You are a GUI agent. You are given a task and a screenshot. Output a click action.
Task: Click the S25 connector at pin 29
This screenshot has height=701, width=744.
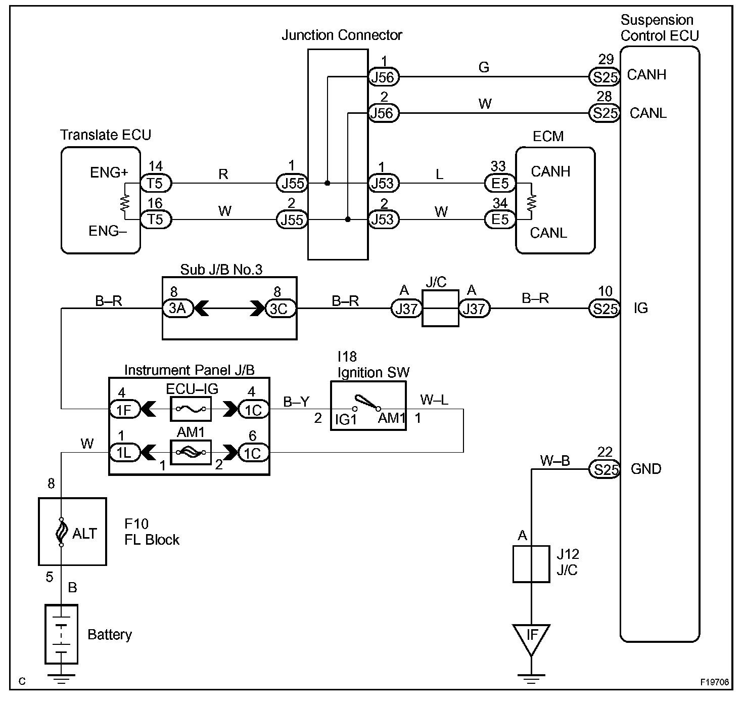pyautogui.click(x=604, y=77)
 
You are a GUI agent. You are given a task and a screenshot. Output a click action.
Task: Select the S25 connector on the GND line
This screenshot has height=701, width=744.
pyautogui.click(x=604, y=469)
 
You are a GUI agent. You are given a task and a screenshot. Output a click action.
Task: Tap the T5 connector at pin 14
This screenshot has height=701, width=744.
pyautogui.click(x=156, y=183)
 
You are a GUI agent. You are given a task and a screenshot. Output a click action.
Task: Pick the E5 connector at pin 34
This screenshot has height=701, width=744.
pyautogui.click(x=500, y=220)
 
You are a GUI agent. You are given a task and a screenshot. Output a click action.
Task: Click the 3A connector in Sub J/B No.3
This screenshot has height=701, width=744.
pyautogui.click(x=177, y=309)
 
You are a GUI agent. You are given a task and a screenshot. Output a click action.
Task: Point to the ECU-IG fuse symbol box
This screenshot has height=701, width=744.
pyautogui.click(x=191, y=409)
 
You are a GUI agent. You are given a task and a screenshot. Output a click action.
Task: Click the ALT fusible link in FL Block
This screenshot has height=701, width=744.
pyautogui.click(x=61, y=532)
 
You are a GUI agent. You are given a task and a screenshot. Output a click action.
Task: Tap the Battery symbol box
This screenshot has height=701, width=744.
pyautogui.click(x=61, y=634)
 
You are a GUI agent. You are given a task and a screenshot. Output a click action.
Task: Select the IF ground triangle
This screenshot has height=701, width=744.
pyautogui.click(x=531, y=637)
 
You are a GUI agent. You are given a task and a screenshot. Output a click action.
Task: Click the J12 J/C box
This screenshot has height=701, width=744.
pyautogui.click(x=531, y=564)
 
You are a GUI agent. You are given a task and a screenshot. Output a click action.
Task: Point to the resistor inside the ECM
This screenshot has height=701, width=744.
pyautogui.click(x=531, y=202)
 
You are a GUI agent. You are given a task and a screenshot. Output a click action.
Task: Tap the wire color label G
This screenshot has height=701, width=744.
pyautogui.click(x=484, y=67)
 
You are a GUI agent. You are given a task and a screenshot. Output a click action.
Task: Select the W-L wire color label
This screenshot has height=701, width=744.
pyautogui.click(x=434, y=401)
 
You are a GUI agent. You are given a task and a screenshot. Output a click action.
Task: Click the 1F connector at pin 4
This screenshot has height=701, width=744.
pyautogui.click(x=124, y=409)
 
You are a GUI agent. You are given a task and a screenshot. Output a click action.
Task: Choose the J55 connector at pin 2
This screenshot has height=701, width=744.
pyautogui.click(x=292, y=220)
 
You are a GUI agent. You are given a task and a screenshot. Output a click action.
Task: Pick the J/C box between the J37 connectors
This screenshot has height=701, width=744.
pyautogui.click(x=440, y=309)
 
